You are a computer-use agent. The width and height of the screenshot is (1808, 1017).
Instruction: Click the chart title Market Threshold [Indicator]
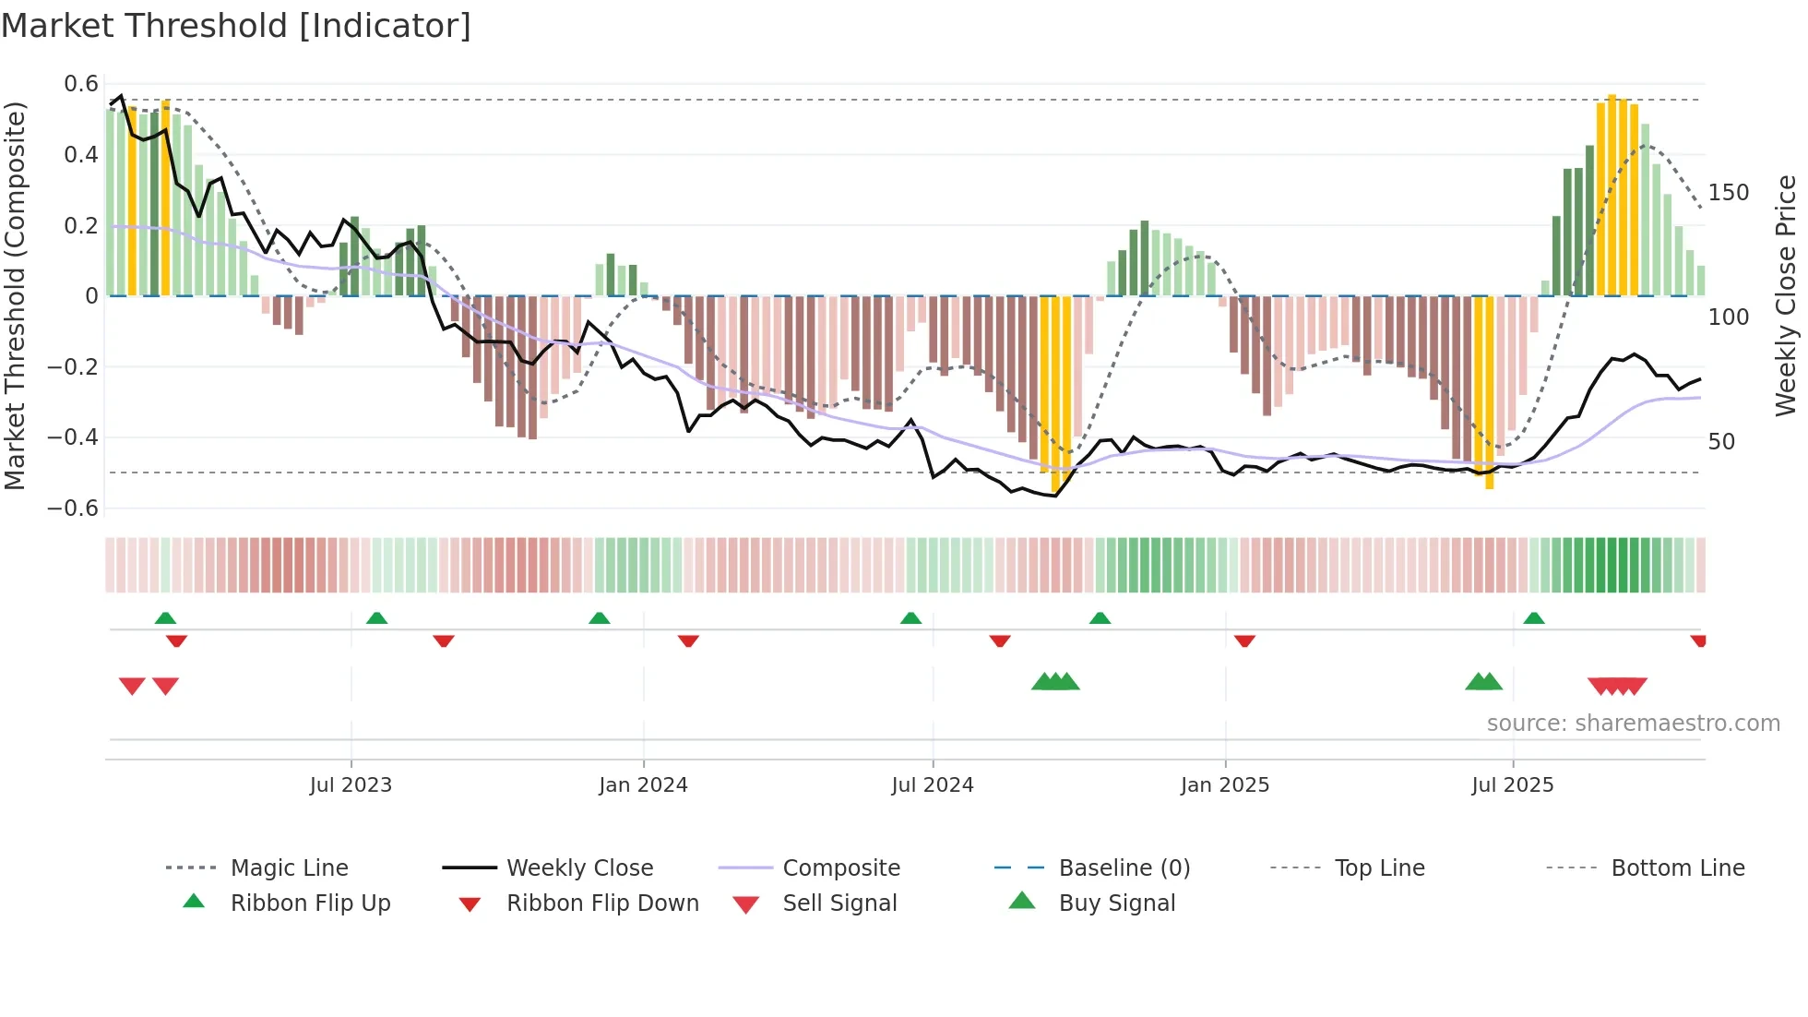click(x=236, y=26)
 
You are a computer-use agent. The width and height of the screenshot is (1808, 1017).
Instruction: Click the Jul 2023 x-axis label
click(x=351, y=784)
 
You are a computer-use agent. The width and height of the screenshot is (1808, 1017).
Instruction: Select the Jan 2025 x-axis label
click(x=1225, y=784)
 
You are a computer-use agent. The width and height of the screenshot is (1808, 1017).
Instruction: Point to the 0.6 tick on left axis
click(x=81, y=84)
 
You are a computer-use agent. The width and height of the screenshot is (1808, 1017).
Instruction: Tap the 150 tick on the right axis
click(x=1729, y=193)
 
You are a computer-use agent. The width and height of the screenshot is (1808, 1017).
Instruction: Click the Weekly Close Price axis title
click(x=1786, y=295)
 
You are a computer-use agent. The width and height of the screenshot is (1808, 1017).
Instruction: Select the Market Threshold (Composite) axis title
click(x=15, y=295)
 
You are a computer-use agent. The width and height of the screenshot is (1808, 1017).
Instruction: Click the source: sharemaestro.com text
click(x=1633, y=723)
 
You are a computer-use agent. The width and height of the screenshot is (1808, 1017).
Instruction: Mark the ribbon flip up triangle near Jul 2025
click(x=1534, y=617)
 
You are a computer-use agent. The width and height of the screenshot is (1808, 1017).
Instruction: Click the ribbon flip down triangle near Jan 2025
click(x=1244, y=640)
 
